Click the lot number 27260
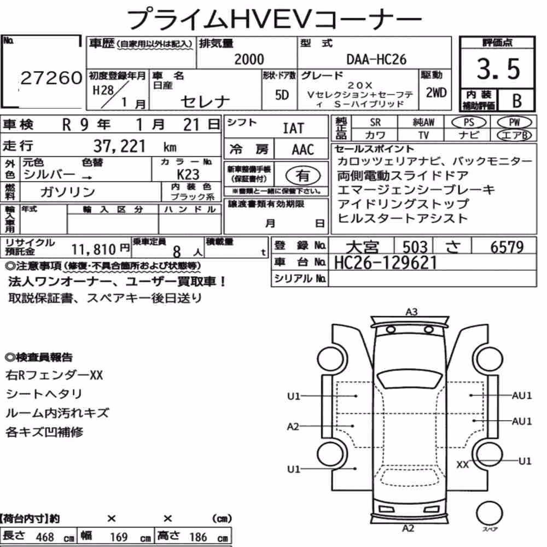pos(51,78)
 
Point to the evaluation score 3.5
pos(498,69)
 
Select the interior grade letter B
pos(517,101)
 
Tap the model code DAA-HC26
pos(376,59)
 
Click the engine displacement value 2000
pos(249,59)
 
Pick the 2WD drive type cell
pos(436,93)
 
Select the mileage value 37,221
pos(119,146)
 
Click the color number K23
pos(188,174)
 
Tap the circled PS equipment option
pos(469,122)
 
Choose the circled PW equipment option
pos(514,122)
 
